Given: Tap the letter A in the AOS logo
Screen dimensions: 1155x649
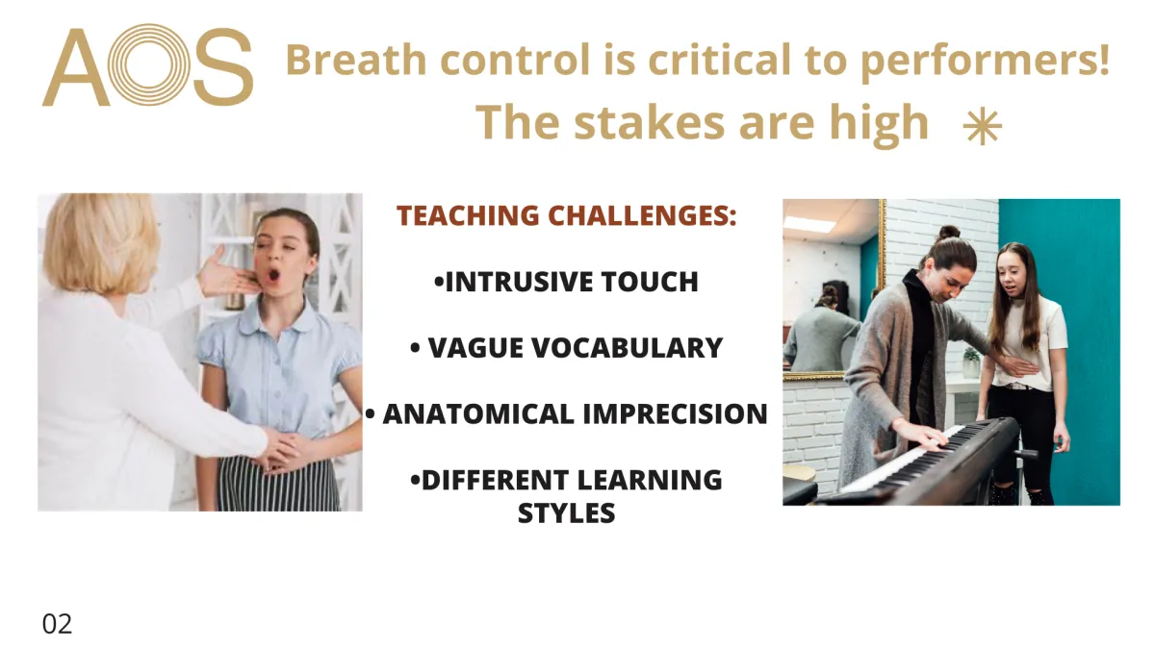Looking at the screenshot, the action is [76, 67].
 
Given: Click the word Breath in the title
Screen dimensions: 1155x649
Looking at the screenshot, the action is [356, 60].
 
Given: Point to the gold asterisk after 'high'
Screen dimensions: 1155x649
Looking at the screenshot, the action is [983, 127].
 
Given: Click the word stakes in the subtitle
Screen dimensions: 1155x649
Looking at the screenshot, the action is [650, 123].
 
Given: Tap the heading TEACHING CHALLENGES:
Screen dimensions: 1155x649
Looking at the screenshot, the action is [567, 215].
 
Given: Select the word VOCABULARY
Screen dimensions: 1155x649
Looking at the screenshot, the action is [627, 348].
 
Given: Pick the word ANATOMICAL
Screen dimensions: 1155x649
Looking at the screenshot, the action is [478, 414].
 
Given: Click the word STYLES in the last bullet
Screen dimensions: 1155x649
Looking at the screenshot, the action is [566, 513].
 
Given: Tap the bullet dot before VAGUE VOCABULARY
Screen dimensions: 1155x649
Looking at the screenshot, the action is [415, 348].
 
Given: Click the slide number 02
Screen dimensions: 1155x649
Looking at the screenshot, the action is [57, 624].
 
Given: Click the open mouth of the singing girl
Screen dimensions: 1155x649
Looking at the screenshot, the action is [273, 274].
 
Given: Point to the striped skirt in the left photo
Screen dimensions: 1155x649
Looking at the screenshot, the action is [279, 485].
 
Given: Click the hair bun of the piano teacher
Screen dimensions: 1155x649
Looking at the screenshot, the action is [949, 232].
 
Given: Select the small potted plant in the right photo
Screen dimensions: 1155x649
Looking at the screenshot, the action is [971, 362].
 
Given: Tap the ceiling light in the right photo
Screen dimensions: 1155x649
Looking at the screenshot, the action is [809, 223].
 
